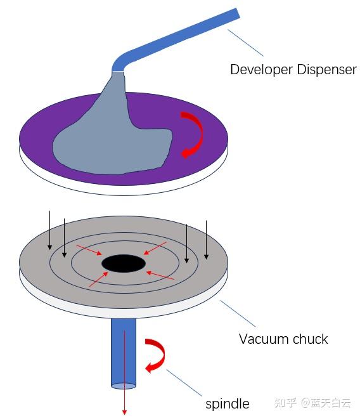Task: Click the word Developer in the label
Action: [x=261, y=70]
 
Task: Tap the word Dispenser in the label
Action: [x=326, y=70]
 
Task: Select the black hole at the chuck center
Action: [x=124, y=263]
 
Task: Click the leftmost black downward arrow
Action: [x=49, y=230]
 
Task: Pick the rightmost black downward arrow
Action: [x=206, y=239]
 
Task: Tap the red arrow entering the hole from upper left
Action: [x=89, y=250]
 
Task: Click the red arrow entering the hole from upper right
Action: [x=155, y=248]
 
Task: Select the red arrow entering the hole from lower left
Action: [x=99, y=279]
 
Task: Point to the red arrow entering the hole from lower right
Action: [x=160, y=275]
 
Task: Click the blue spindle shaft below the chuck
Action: [x=124, y=352]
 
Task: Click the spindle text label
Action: [x=228, y=404]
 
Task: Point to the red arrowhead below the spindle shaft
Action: [x=124, y=412]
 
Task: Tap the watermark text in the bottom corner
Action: [x=312, y=403]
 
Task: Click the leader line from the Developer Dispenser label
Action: [x=245, y=42]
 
